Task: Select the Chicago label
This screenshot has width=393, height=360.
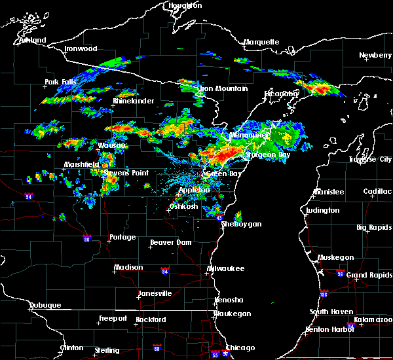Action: click(240, 348)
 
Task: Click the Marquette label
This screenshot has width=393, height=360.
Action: click(261, 43)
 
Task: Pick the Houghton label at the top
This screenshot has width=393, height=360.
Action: click(186, 5)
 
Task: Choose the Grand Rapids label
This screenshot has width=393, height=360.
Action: click(370, 274)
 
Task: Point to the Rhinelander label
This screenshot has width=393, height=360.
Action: click(133, 101)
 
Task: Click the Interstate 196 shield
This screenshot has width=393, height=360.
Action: click(324, 293)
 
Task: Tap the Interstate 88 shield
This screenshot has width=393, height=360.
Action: click(157, 348)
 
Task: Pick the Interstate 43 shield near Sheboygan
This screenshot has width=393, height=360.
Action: click(219, 217)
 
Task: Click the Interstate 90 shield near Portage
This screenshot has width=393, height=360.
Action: click(86, 239)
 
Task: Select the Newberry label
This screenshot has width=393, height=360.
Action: click(375, 56)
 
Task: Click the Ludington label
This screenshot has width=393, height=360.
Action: click(322, 210)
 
